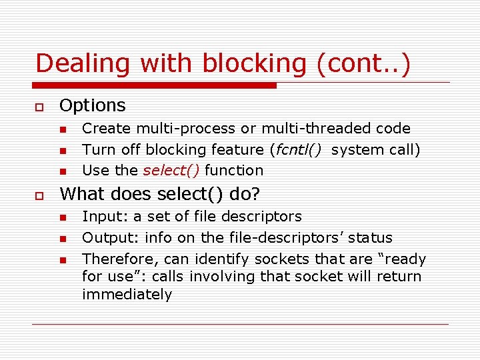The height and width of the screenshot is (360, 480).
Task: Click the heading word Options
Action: coord(93,105)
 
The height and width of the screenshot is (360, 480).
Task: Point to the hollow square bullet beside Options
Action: coord(39,107)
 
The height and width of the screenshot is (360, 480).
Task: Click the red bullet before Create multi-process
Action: coord(63,129)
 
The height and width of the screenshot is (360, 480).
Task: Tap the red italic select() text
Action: coord(171,170)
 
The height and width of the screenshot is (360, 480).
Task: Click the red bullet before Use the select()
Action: coord(63,171)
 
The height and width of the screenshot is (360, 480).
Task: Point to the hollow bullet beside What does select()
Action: coord(39,195)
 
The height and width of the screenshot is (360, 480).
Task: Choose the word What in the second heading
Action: coord(81,194)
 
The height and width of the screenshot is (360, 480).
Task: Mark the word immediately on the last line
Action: coord(127,294)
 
